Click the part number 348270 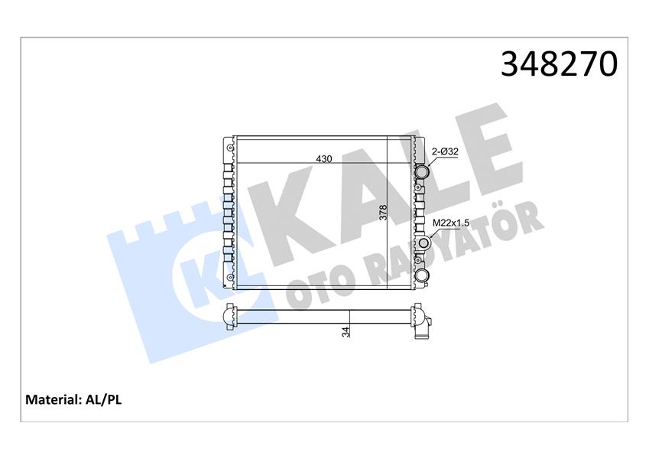coord(558,64)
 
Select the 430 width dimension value coord(324,159)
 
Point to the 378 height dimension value coord(383,212)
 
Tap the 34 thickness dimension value coord(346,331)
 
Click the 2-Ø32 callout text coord(445,151)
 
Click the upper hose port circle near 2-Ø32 coord(422,172)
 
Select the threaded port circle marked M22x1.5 coord(423,244)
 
